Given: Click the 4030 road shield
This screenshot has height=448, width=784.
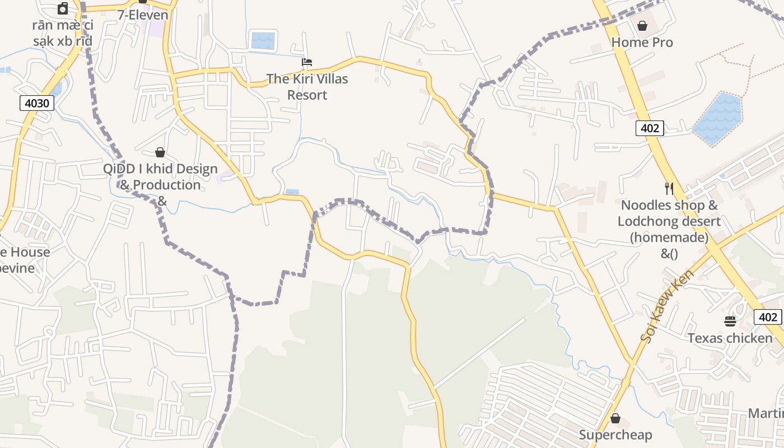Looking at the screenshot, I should [x=37, y=103].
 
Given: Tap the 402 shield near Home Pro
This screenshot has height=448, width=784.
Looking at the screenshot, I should [x=650, y=128].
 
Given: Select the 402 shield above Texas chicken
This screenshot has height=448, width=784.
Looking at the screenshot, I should [x=768, y=318].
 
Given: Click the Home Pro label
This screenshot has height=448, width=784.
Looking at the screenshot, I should [x=642, y=43].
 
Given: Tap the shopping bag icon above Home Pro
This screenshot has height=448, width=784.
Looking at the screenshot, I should [x=642, y=26].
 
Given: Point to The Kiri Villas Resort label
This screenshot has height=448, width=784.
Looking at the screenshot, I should [x=307, y=87].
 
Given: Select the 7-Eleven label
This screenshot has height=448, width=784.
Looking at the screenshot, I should [x=142, y=15].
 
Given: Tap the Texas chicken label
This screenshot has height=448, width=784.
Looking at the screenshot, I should [x=730, y=338].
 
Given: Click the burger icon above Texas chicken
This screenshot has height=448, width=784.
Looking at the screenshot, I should [x=730, y=321].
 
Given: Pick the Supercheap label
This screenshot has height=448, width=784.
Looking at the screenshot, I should [x=615, y=435].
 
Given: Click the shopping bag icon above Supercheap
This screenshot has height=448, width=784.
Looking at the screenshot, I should [x=615, y=418].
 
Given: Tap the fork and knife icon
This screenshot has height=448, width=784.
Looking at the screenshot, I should [x=669, y=188].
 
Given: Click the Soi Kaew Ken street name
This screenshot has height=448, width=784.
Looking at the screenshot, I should [x=667, y=306].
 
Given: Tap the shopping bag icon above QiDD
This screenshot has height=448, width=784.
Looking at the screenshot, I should [x=160, y=152].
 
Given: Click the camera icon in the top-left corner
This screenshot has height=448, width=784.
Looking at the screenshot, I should [x=63, y=8].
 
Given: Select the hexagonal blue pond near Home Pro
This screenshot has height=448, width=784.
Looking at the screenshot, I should [x=718, y=119].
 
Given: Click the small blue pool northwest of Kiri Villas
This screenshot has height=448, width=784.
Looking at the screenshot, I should [x=263, y=41].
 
